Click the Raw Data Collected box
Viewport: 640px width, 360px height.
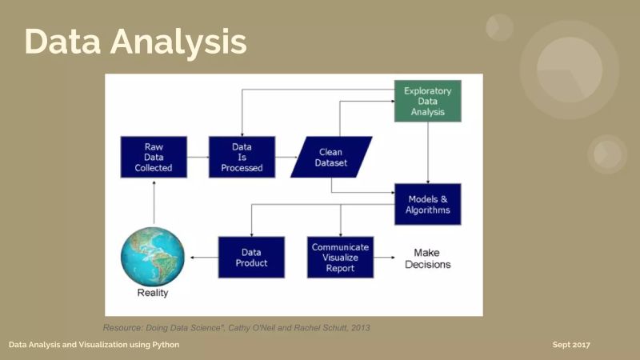tap(154, 157)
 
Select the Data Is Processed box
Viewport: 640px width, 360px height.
tap(242, 157)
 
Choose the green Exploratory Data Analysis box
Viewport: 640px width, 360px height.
tap(427, 101)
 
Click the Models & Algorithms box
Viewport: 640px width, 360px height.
tap(427, 204)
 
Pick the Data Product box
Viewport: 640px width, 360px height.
tap(251, 257)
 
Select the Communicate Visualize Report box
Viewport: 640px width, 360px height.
tap(340, 257)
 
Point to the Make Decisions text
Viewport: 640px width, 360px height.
tap(427, 258)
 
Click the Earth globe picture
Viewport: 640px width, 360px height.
tap(153, 257)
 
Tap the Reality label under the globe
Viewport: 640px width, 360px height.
tap(152, 293)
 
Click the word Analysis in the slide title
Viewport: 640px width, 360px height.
tap(182, 42)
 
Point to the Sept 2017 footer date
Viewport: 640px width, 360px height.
tap(571, 345)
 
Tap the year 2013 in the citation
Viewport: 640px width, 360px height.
tap(359, 327)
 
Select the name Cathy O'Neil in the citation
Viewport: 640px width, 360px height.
tap(249, 327)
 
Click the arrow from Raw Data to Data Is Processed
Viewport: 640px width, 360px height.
tap(198, 157)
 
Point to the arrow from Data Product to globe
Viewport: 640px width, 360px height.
tap(202, 258)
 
